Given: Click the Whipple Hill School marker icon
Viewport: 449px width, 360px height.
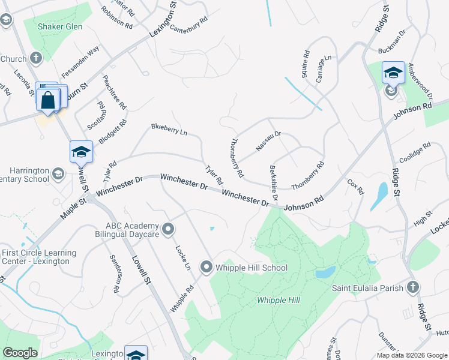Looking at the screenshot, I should click(206, 267).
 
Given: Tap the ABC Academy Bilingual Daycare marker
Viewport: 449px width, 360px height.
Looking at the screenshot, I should click(169, 229).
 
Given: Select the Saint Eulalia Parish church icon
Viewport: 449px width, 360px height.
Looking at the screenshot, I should click(412, 287).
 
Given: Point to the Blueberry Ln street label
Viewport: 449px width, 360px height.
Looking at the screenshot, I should click(169, 129).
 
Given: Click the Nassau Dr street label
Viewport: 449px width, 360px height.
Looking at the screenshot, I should click(268, 142).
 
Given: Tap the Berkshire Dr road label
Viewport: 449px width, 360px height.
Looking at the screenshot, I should click(274, 183).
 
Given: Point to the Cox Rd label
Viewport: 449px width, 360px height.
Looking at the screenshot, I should click(355, 187).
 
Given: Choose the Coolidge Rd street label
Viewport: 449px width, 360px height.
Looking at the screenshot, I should click(415, 153).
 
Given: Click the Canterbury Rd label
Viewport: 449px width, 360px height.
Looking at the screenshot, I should click(188, 24).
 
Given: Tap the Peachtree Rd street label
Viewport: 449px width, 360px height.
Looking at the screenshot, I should click(115, 92).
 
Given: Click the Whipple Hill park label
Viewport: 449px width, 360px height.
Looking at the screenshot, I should click(278, 300).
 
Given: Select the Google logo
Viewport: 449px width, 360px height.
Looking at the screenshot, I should click(20, 353).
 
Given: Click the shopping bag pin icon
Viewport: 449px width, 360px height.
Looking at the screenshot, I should click(48, 100).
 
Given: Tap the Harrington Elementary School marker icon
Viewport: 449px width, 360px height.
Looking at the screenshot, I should click(58, 174).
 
